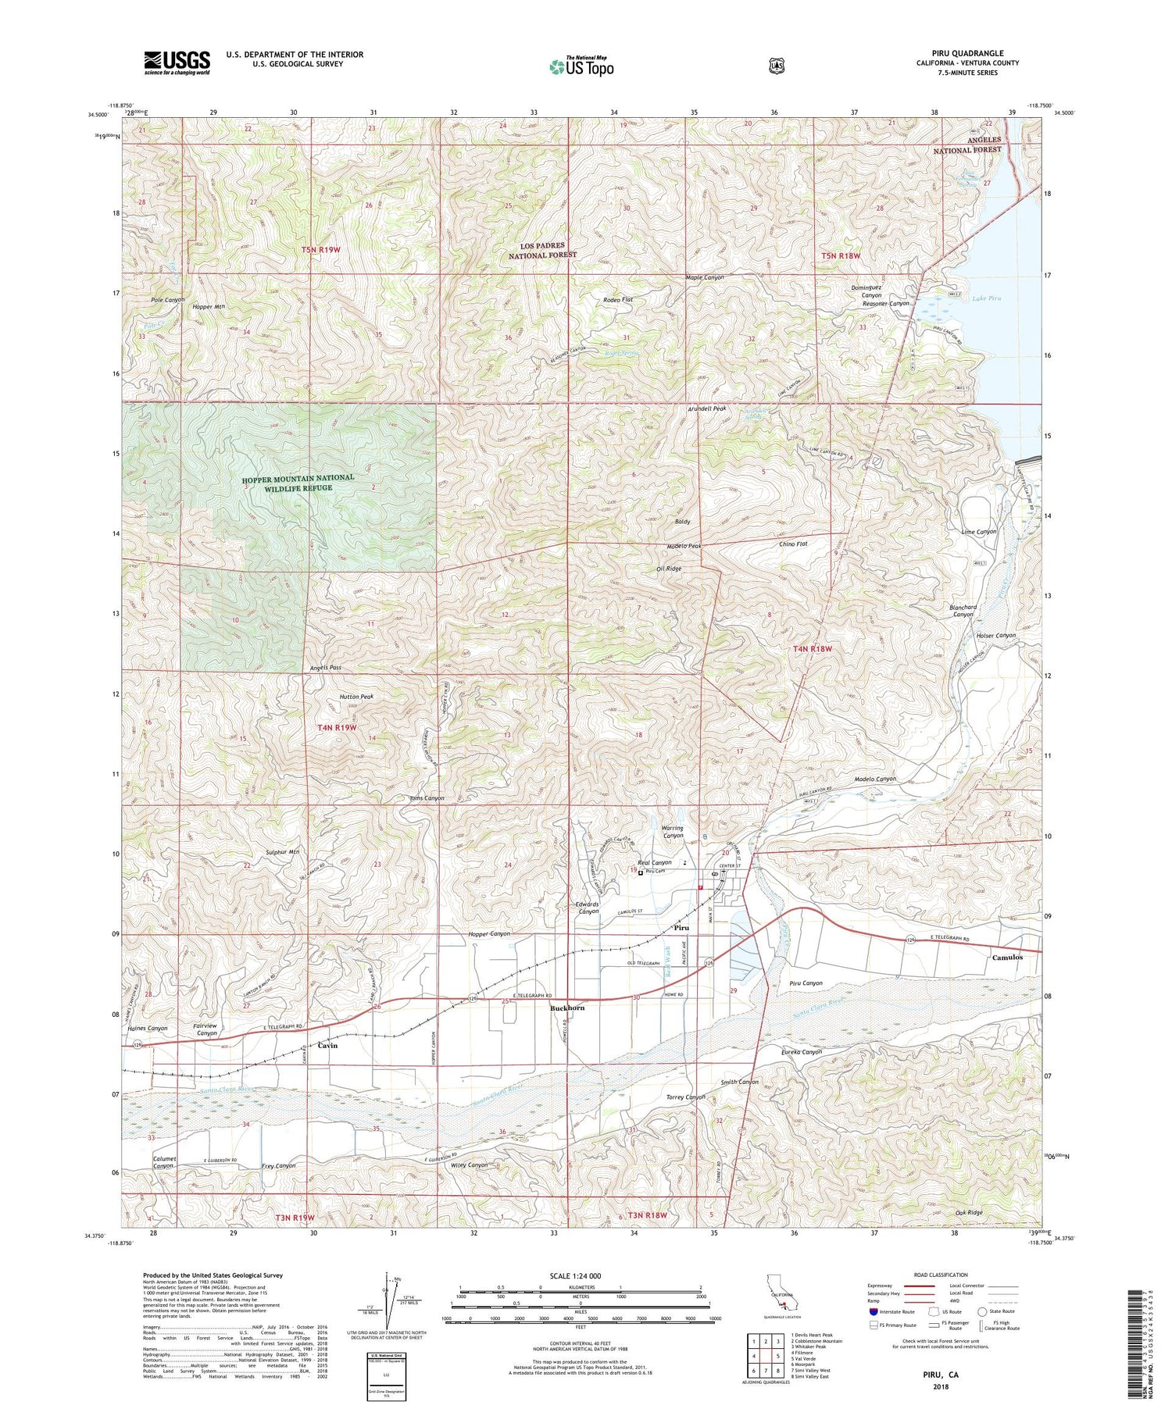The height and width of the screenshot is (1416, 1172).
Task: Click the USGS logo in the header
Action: [177, 62]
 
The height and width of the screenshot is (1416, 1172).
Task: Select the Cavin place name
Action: [327, 1045]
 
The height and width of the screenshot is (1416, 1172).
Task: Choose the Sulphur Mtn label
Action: [283, 852]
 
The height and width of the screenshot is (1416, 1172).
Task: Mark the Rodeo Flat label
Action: [618, 300]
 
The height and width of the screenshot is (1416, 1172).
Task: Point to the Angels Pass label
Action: [325, 668]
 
